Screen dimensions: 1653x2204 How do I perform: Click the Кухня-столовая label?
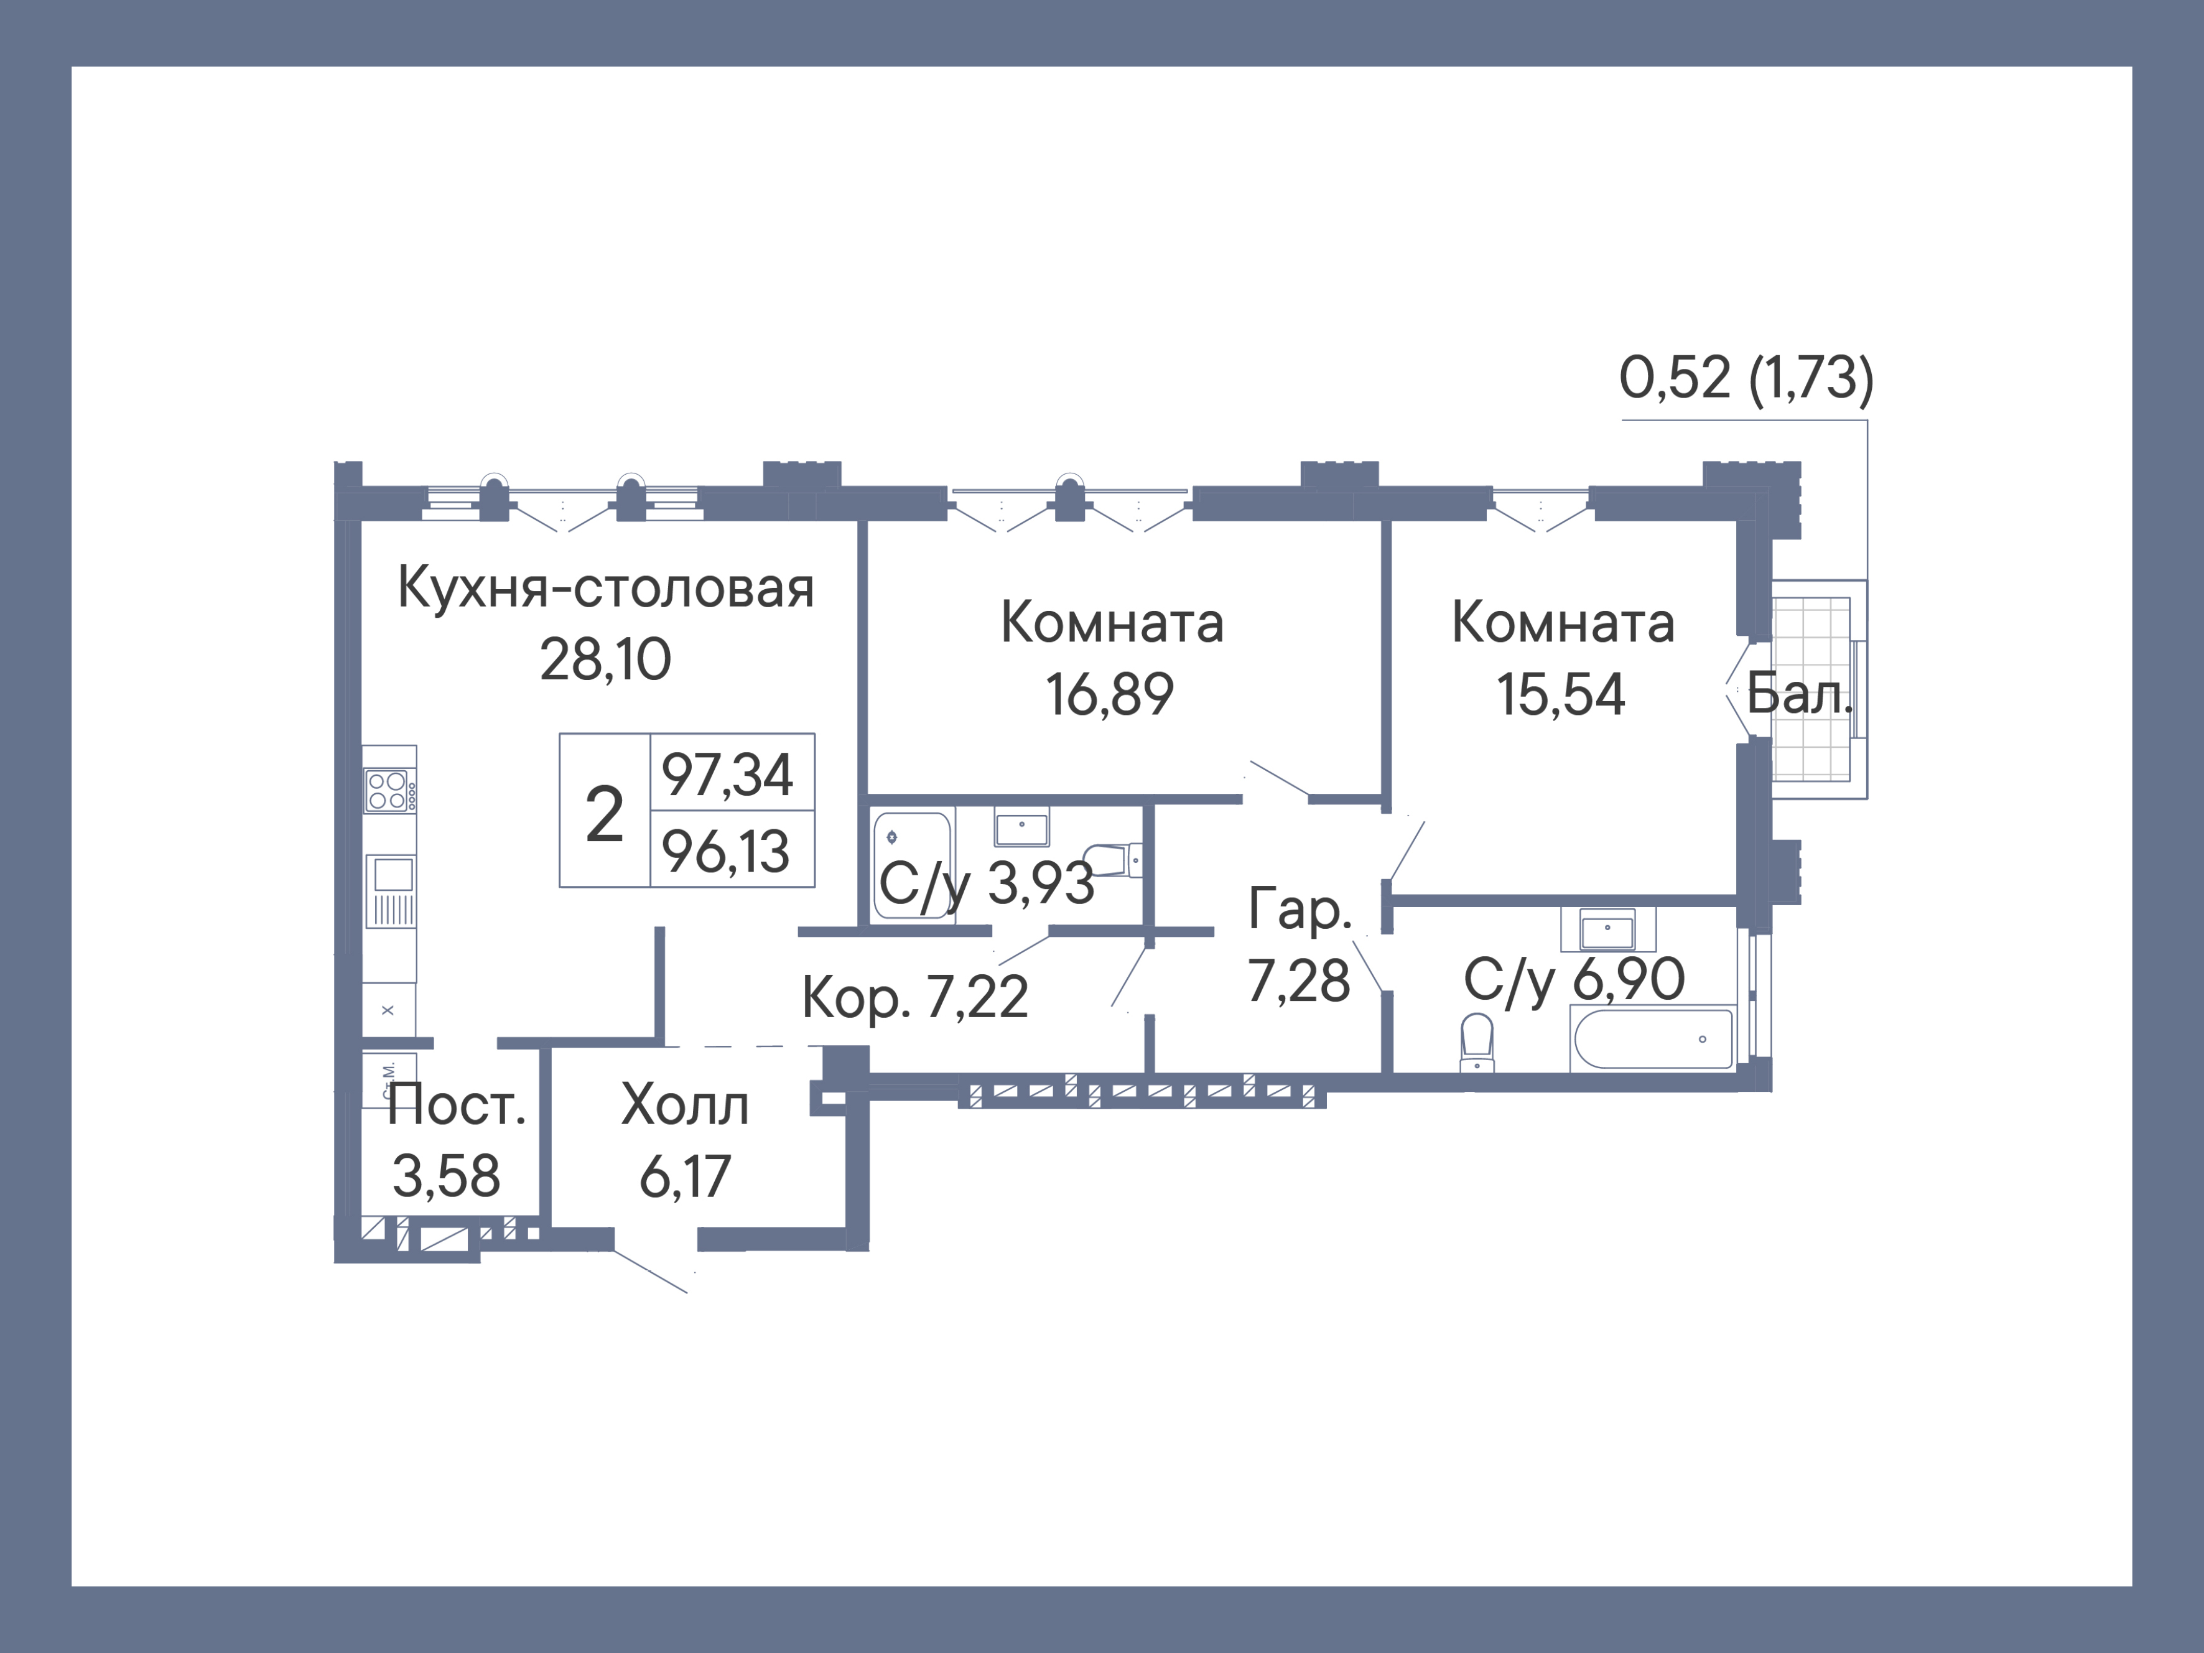pos(606,589)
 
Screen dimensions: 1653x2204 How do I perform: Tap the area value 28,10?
pos(606,659)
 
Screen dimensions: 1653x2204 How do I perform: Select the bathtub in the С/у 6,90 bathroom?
pos(1652,1039)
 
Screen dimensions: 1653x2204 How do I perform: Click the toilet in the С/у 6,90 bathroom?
pos(1477,1041)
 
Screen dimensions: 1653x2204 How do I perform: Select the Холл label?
pos(686,1105)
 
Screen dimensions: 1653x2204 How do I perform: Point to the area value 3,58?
pos(447,1176)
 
